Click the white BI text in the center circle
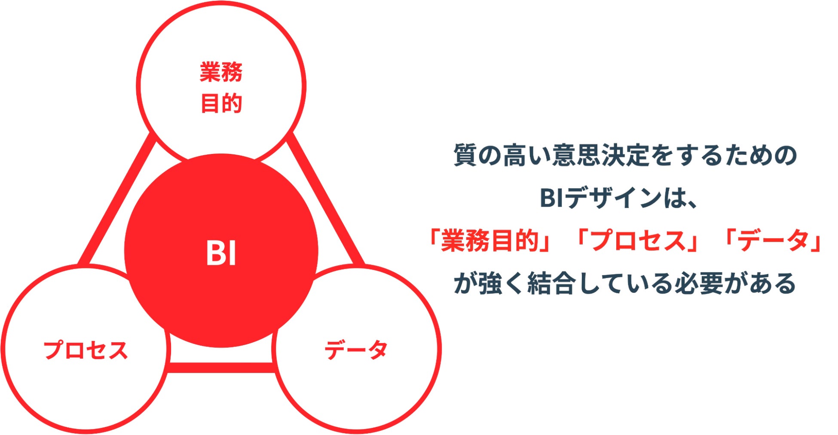221,253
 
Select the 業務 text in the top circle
221,72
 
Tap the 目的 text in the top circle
221,104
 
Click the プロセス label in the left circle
86,350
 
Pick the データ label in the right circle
356,350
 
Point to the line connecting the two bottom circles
221,368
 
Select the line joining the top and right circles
327,198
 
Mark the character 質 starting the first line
465,155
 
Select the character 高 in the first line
515,155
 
